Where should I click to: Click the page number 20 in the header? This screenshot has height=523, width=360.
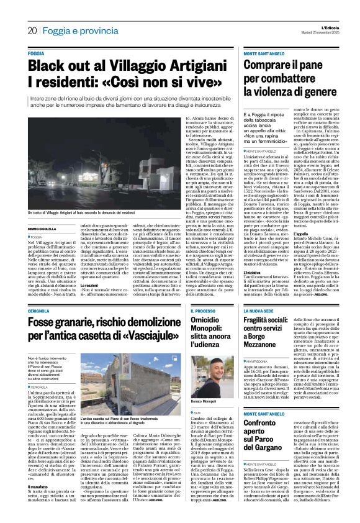pos(31,30)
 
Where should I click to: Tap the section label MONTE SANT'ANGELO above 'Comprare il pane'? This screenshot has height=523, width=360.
pos(264,55)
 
